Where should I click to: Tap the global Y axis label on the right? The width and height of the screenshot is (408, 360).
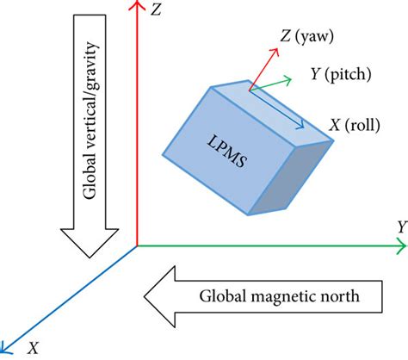click(400, 227)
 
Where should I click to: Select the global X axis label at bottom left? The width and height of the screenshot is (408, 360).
click(34, 347)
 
